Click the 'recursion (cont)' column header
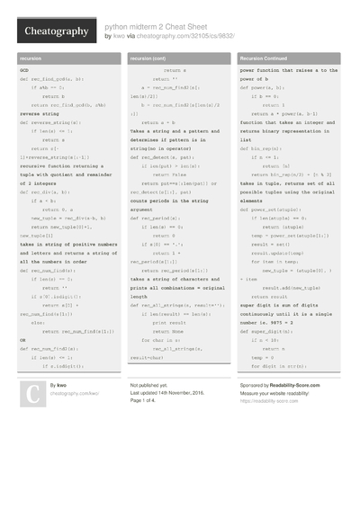pos(148,58)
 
